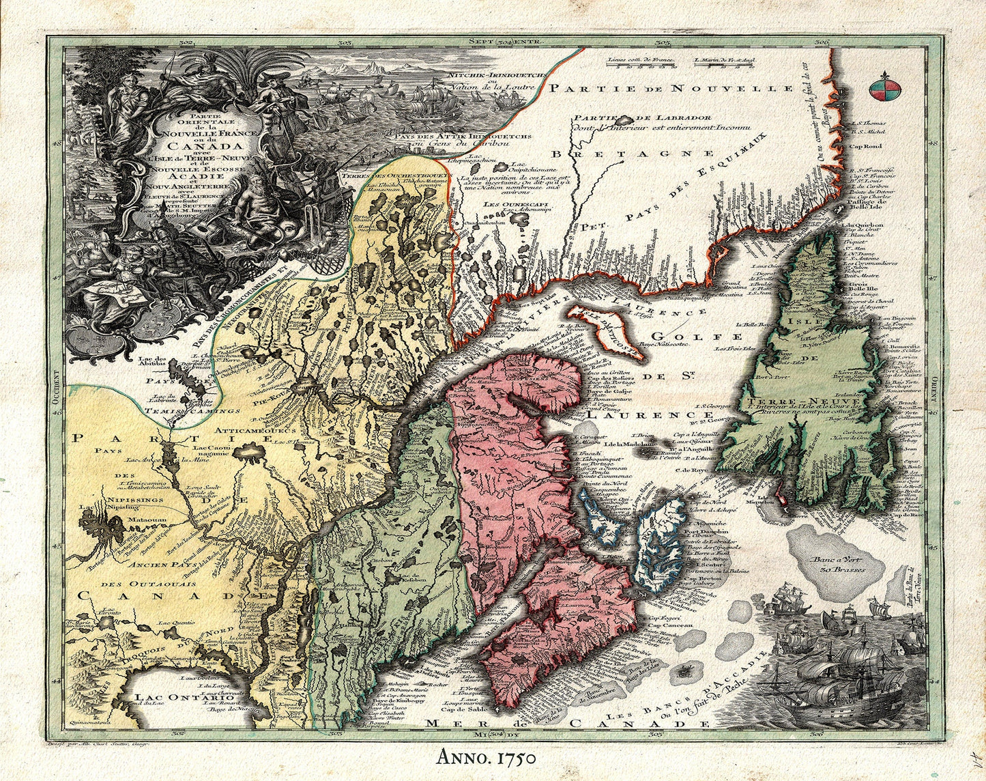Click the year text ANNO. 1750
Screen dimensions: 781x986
(485, 757)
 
